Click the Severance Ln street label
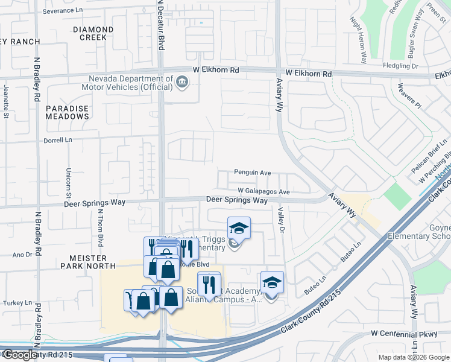click(x=63, y=11)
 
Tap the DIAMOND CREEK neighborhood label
click(x=93, y=33)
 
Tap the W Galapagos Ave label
click(x=264, y=192)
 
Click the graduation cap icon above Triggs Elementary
click(x=239, y=228)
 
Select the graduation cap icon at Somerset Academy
click(x=272, y=282)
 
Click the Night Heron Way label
click(x=359, y=40)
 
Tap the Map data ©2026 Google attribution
click(x=413, y=357)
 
